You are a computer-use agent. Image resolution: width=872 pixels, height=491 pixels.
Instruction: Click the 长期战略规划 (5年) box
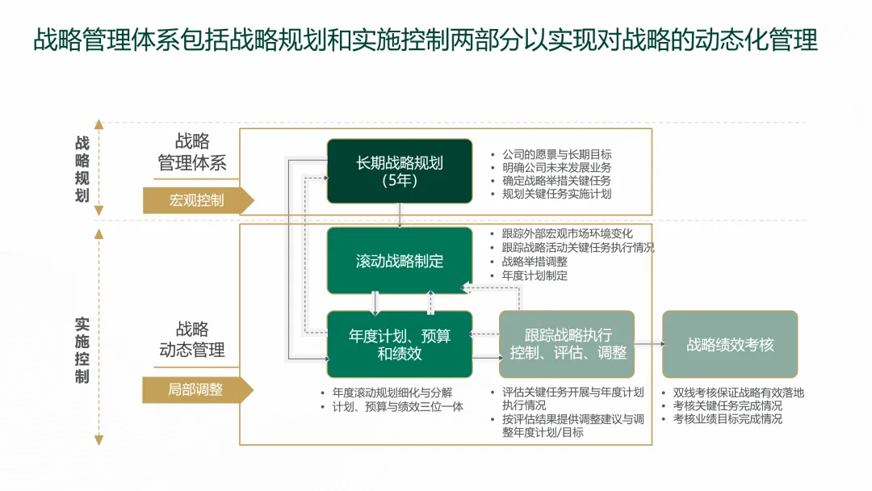[400, 170]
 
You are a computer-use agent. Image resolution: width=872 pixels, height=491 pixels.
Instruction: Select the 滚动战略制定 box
[400, 261]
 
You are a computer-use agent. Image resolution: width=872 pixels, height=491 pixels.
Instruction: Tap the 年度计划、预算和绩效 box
[400, 344]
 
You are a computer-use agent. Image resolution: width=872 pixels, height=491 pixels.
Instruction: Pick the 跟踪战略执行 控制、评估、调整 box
[567, 344]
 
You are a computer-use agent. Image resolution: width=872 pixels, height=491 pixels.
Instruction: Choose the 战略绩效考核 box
[730, 345]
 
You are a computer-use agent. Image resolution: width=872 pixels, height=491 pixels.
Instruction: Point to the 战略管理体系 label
[192, 153]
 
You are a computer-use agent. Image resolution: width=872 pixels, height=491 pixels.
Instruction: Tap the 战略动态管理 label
[192, 340]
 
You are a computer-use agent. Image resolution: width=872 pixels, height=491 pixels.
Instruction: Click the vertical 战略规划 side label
[82, 169]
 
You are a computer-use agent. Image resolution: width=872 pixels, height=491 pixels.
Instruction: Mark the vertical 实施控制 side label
[82, 350]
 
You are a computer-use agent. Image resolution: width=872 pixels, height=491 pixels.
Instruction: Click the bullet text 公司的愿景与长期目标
[557, 154]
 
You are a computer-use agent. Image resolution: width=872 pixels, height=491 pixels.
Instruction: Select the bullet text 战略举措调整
[535, 262]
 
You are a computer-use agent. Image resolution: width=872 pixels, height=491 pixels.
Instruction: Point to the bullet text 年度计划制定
[535, 275]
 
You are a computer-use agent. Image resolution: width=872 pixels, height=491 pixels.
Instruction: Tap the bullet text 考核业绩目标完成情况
[727, 418]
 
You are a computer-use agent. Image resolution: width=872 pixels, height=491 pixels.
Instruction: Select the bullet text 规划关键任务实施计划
[557, 194]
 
